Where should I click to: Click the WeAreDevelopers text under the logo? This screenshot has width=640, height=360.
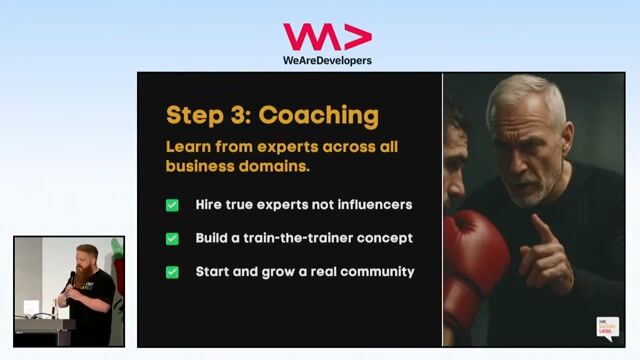click(327, 60)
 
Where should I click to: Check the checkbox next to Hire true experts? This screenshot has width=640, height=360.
click(173, 205)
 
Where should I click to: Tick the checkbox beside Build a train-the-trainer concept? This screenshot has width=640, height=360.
click(173, 239)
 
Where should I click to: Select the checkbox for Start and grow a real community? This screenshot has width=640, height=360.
click(173, 272)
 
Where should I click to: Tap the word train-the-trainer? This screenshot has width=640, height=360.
click(306, 239)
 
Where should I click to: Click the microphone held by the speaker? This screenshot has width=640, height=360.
click(71, 279)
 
